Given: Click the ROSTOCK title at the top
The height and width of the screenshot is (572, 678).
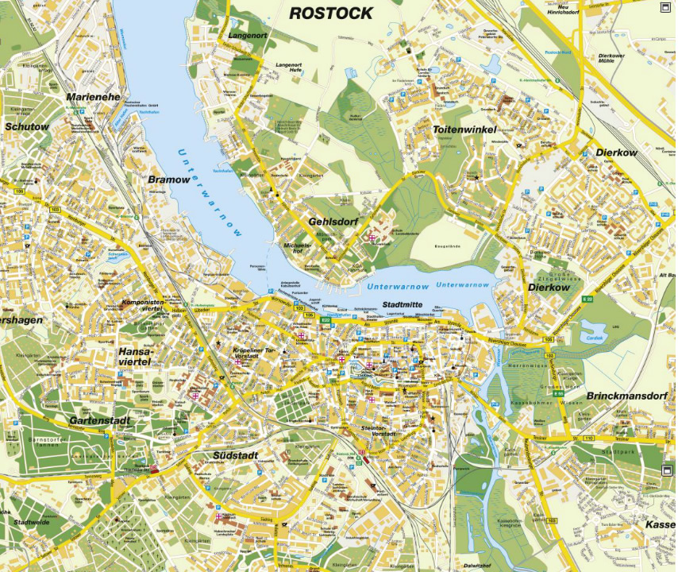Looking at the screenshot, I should (330, 13).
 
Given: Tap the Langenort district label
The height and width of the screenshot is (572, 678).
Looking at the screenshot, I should (246, 36).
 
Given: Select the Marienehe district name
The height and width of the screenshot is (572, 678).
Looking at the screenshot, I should (94, 97).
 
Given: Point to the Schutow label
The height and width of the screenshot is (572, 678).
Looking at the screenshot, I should (27, 126).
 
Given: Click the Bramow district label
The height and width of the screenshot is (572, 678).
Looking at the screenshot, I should (169, 180).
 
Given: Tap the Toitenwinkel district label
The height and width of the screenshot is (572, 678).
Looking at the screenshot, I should (464, 129).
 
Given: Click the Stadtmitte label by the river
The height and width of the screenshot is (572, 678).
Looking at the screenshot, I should (403, 304).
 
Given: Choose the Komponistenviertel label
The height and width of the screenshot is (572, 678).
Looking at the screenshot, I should (143, 307).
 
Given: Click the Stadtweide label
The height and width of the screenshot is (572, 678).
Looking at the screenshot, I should (33, 523).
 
